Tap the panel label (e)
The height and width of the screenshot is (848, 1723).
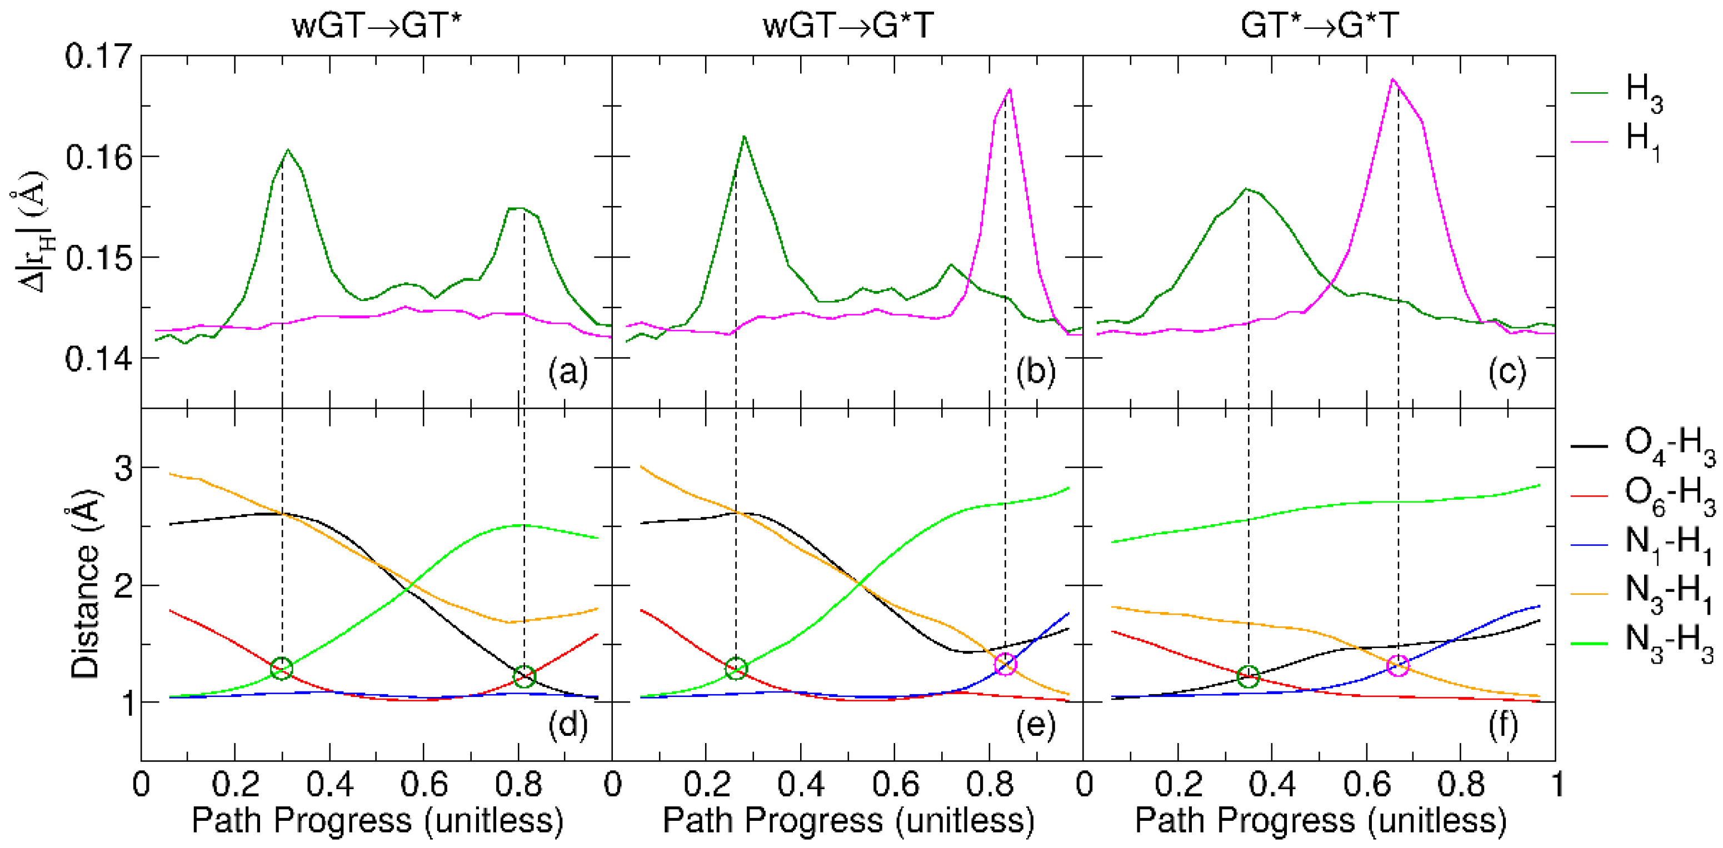(x=1035, y=724)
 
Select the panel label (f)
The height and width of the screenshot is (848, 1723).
(x=1504, y=724)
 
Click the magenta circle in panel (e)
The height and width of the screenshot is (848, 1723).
(x=1005, y=664)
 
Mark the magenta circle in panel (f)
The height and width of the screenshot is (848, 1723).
(x=1398, y=665)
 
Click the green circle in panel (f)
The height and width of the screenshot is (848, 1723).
(x=1248, y=676)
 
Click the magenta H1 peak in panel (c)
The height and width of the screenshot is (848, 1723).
(x=1394, y=79)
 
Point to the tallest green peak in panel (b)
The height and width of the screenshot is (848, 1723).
(x=744, y=137)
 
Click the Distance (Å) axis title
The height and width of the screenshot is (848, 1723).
(x=86, y=585)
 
